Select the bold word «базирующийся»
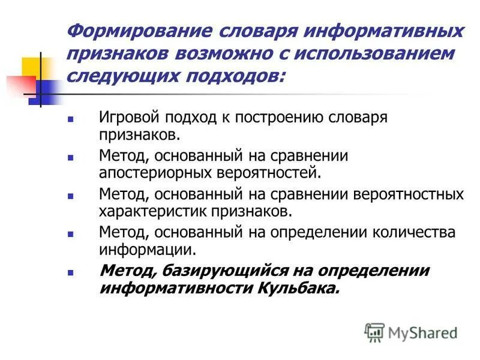217,271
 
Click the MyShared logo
411,332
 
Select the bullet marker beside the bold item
70,272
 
